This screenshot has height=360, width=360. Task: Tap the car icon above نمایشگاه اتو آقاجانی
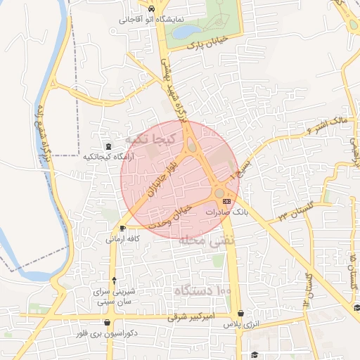(x=153, y=8)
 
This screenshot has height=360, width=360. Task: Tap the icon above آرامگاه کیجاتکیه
(x=108, y=147)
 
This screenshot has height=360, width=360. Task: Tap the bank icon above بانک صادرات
(x=226, y=201)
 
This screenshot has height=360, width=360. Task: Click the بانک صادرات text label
(x=227, y=211)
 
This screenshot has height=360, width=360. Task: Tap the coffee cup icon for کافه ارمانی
(x=123, y=228)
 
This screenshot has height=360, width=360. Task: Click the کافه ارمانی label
(x=123, y=238)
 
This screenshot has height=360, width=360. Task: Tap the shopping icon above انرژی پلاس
(x=241, y=314)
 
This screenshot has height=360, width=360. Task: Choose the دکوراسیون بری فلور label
(x=105, y=333)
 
